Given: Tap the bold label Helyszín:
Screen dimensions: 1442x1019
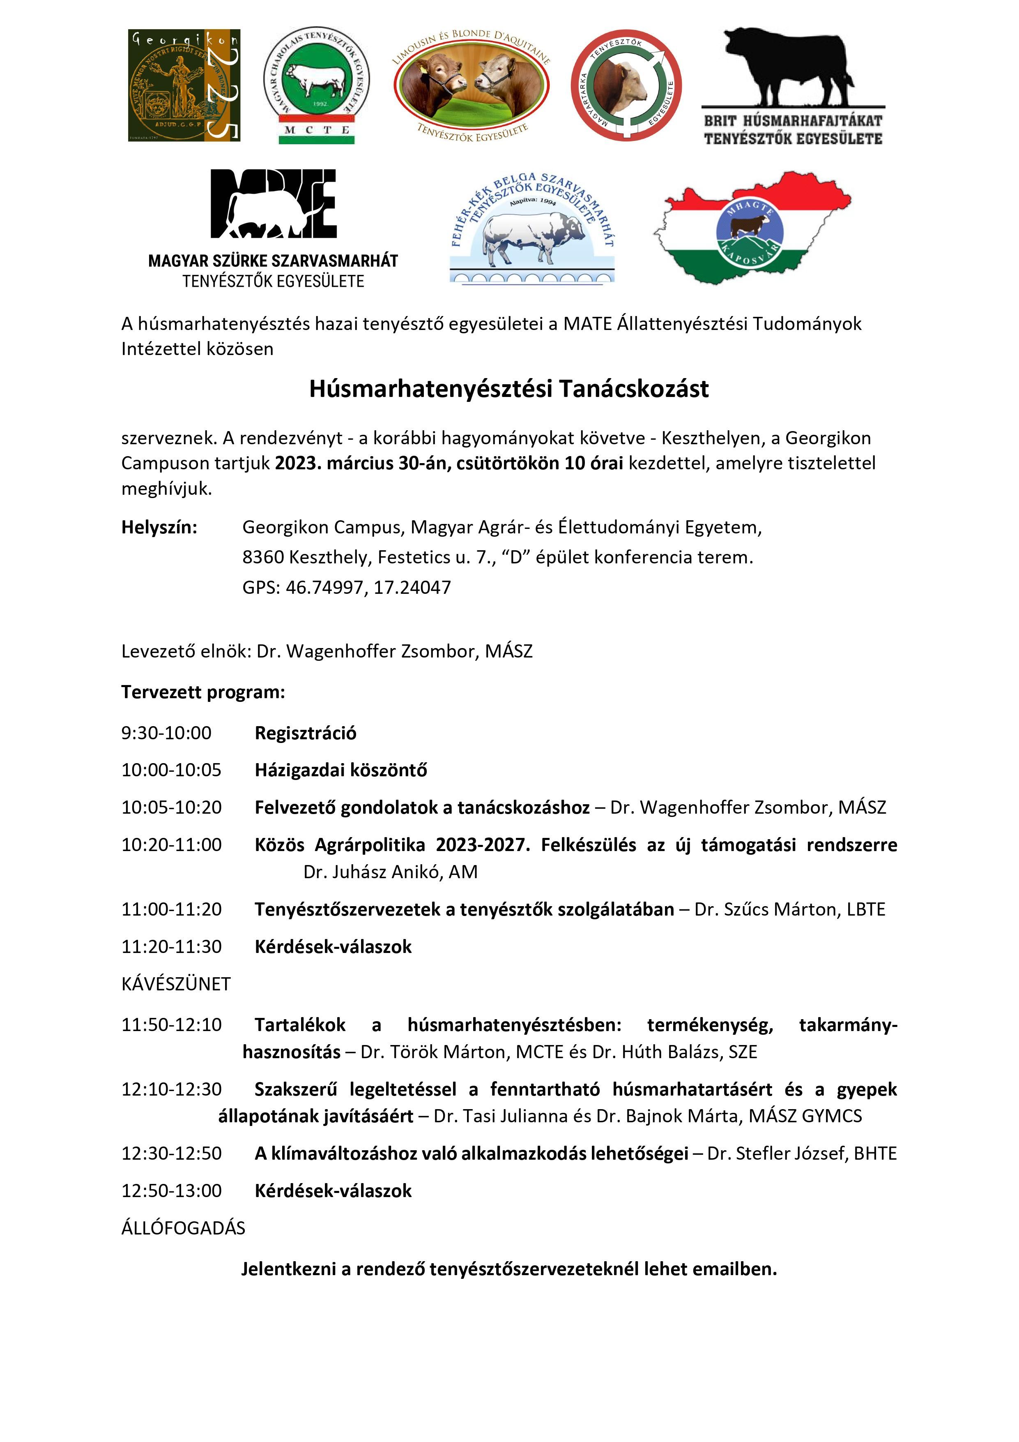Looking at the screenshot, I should pos(159,527).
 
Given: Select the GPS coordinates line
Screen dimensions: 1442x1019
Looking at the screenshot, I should pos(347,588).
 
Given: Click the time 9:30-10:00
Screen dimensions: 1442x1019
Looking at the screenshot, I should pos(166,733).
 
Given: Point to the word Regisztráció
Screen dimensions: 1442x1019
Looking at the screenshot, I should pos(305,733).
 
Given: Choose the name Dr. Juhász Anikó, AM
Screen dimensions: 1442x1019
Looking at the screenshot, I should pos(390,872).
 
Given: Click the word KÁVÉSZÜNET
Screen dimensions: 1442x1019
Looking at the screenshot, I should pos(176,983).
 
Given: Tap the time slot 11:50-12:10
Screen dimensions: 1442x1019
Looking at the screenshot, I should pos(171,1025).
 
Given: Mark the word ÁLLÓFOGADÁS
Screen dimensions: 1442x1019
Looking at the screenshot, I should pos(183,1228).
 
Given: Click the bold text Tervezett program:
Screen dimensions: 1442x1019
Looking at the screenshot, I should pos(203,692).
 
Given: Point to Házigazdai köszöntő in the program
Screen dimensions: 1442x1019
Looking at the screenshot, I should pos(340,770).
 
